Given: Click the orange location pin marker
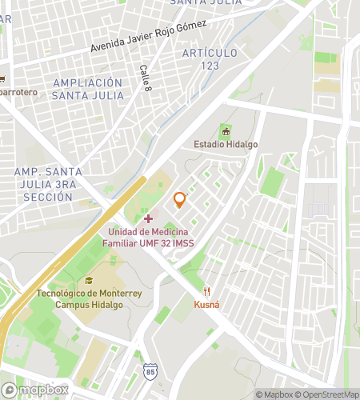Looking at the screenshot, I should (x=180, y=199).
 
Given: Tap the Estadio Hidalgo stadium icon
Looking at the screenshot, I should (x=226, y=130).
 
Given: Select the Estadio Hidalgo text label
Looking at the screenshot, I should (x=226, y=145).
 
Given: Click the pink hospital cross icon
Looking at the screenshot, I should (x=148, y=218).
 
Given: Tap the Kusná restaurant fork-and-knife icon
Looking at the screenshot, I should (x=206, y=291).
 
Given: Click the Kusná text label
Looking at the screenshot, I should (x=206, y=305).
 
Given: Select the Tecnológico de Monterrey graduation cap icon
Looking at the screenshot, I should (x=89, y=281).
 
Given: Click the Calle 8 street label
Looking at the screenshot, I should (x=145, y=78).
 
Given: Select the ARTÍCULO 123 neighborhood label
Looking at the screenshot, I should (x=210, y=59).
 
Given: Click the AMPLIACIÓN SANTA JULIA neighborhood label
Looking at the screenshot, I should (x=88, y=89).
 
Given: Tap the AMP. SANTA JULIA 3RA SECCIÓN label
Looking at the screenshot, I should (x=48, y=185).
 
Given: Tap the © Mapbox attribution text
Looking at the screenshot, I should (x=274, y=394).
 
